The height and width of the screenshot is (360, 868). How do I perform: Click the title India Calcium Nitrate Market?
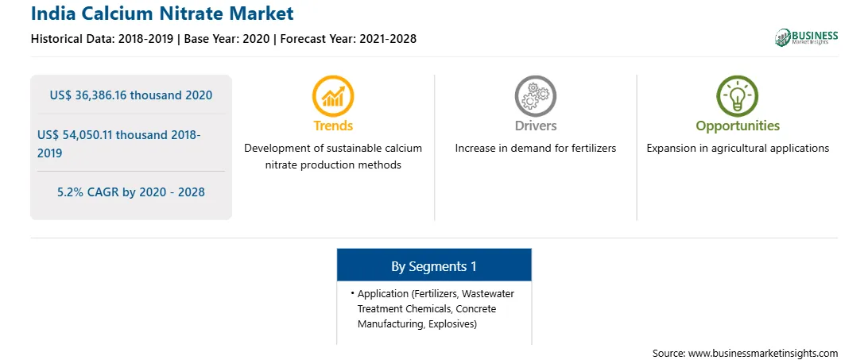(162, 13)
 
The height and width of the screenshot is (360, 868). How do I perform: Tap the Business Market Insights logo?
(806, 37)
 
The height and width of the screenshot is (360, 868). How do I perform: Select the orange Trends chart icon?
(333, 96)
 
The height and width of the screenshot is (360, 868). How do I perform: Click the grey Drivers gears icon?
(535, 96)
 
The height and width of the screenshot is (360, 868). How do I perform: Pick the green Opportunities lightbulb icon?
(738, 96)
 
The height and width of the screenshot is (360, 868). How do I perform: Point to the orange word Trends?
(333, 126)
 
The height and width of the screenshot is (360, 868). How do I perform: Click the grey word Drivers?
(535, 126)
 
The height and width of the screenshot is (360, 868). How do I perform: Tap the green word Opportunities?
(738, 126)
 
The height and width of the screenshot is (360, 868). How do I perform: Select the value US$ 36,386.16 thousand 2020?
(131, 95)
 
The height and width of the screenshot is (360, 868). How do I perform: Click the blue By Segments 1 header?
(434, 266)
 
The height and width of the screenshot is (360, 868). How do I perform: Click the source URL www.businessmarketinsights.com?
(763, 353)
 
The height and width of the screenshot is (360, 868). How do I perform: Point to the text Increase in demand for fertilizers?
(535, 149)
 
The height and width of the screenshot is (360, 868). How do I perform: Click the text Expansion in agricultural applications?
(738, 149)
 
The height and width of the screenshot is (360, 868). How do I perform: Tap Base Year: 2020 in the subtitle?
(227, 39)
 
